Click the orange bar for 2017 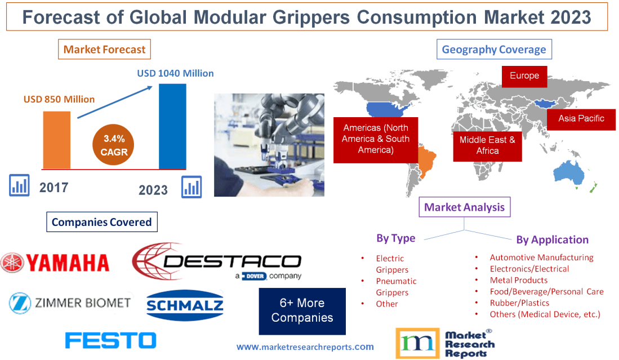tap(57, 140)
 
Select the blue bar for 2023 tap(172, 126)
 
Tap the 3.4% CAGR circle tap(114, 145)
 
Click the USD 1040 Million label tap(175, 73)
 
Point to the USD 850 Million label tap(59, 99)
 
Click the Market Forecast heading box tap(104, 50)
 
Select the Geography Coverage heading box tap(493, 50)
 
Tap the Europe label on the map tap(524, 76)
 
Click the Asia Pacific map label tap(581, 118)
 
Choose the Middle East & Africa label tap(487, 145)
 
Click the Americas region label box tap(376, 139)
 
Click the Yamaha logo tap(55, 263)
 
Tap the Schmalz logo tap(185, 306)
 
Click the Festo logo tap(110, 340)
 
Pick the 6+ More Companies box tap(302, 311)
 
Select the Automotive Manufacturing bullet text tap(541, 257)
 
